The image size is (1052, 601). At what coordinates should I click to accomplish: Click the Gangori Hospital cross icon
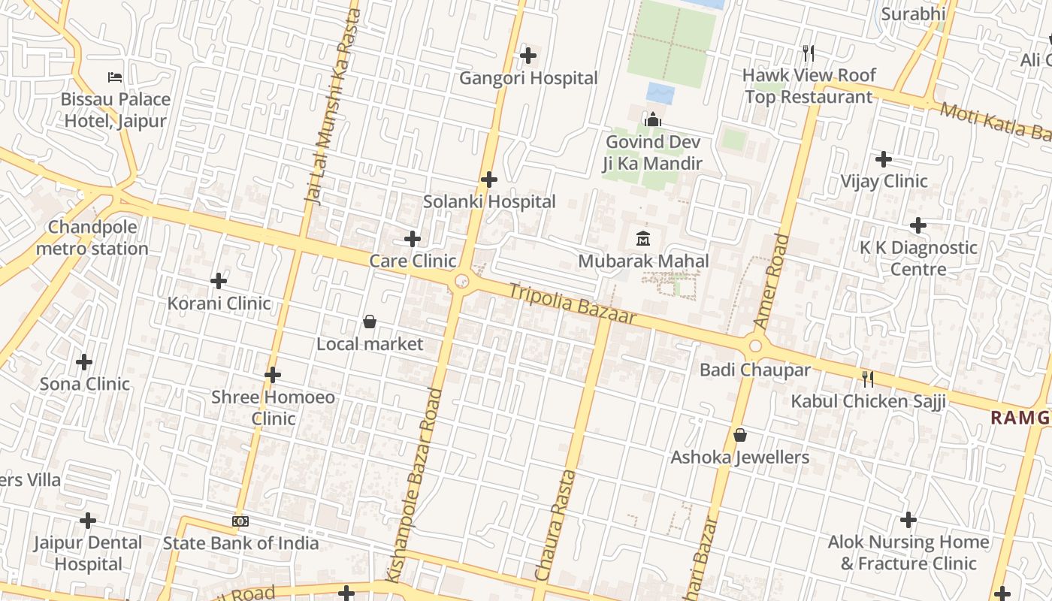528,55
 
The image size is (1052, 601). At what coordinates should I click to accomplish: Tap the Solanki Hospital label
489,201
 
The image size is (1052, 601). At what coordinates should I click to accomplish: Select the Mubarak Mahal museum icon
643,239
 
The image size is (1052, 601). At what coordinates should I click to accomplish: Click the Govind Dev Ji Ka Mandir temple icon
652,120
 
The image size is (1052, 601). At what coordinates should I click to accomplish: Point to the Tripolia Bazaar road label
573,304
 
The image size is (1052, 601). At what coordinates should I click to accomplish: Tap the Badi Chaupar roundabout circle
755,346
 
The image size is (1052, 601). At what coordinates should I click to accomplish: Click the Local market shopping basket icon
370,322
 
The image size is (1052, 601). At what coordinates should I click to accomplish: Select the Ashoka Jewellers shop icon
740,435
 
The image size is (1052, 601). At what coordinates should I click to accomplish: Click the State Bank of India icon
240,521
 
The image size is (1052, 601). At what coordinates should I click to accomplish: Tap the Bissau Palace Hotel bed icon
115,77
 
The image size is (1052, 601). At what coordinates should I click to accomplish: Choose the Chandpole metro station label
92,237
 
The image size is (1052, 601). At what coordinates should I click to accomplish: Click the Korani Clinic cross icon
219,281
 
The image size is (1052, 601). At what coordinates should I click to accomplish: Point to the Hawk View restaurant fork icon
809,53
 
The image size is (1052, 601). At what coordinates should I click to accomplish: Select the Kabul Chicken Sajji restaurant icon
868,379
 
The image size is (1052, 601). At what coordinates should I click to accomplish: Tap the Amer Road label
772,282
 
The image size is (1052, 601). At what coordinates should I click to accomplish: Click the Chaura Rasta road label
555,526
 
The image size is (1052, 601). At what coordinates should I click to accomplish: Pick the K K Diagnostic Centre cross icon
918,225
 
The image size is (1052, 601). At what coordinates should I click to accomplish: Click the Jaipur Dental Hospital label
88,553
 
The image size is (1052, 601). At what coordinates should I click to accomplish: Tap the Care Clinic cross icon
413,239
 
